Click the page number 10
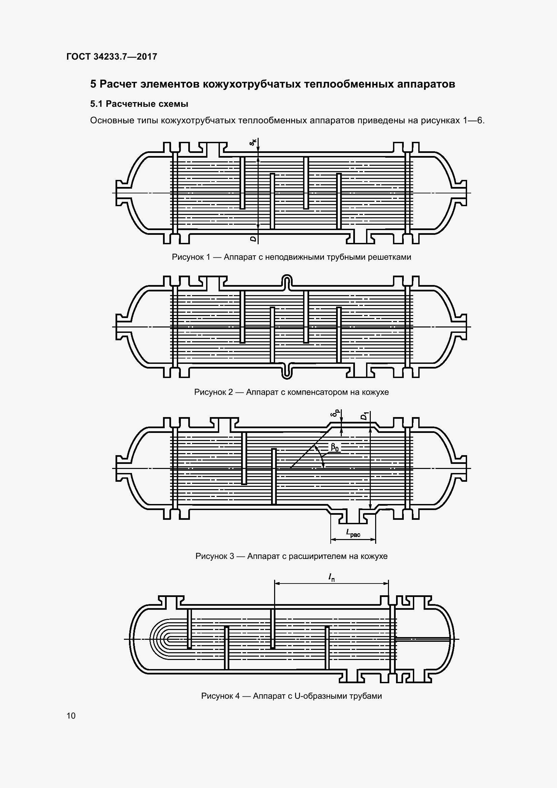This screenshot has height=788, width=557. point(71,716)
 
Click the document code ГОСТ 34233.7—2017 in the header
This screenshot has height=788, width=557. point(112,57)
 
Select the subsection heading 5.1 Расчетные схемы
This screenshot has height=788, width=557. point(139,104)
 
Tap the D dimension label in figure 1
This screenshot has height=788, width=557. point(253,239)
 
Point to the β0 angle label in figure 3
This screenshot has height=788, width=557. point(335,447)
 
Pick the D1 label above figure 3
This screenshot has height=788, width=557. point(365,416)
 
